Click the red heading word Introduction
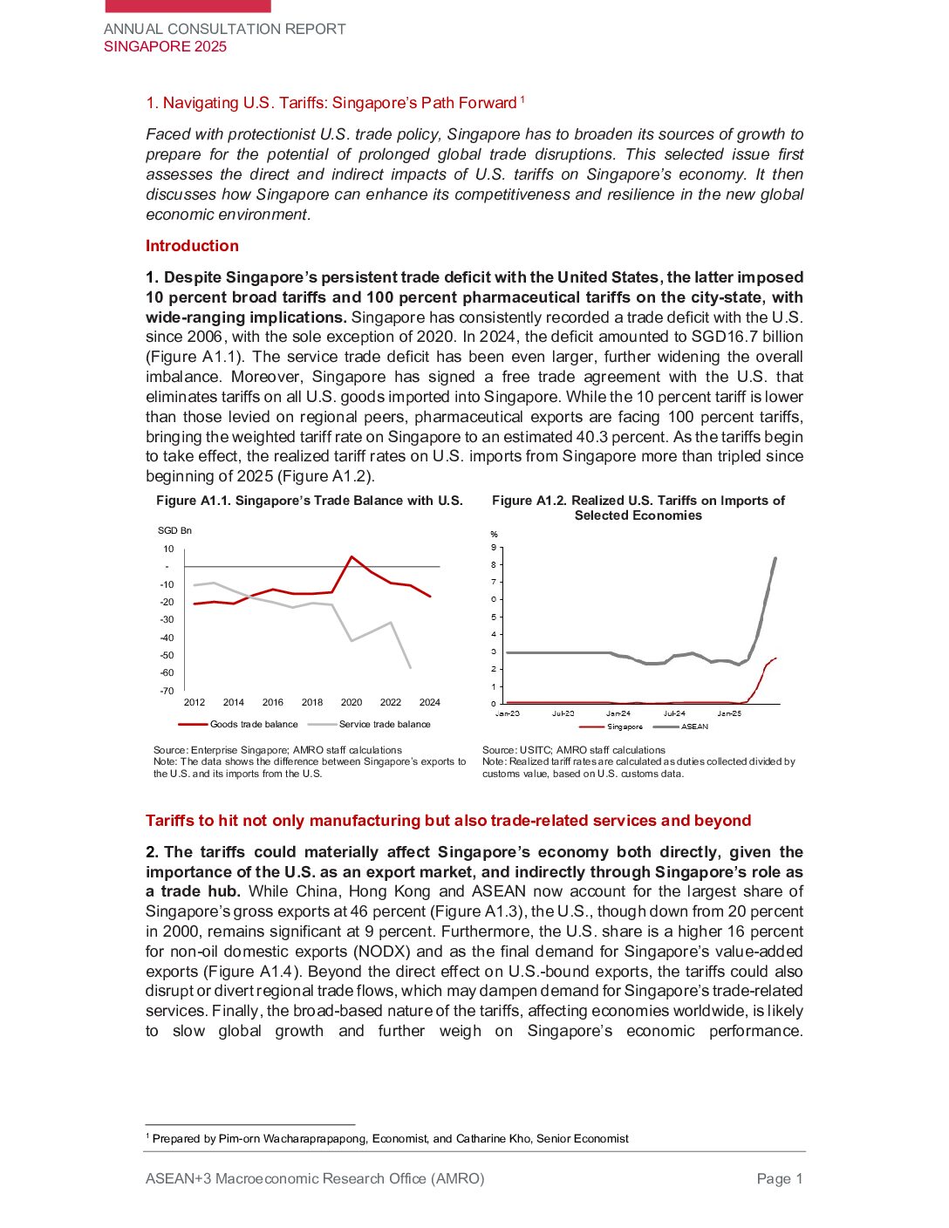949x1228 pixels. click(x=192, y=246)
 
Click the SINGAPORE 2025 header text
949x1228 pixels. click(x=165, y=47)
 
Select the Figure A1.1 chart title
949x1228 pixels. click(x=309, y=501)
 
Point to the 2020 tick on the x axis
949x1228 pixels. click(x=352, y=702)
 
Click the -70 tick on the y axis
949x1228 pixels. click(x=167, y=691)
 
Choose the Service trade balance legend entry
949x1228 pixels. click(x=384, y=724)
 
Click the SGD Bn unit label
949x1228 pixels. click(x=174, y=530)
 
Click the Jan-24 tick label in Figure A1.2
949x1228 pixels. click(x=618, y=713)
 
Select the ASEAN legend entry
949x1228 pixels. click(x=694, y=727)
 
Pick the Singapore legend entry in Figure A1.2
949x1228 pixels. click(x=624, y=727)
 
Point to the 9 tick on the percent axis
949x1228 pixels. click(x=494, y=548)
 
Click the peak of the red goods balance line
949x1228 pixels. click(x=352, y=556)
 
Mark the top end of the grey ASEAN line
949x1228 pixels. click(x=775, y=559)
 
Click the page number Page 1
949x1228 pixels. click(x=780, y=1179)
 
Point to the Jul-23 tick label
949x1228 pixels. click(x=563, y=713)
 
